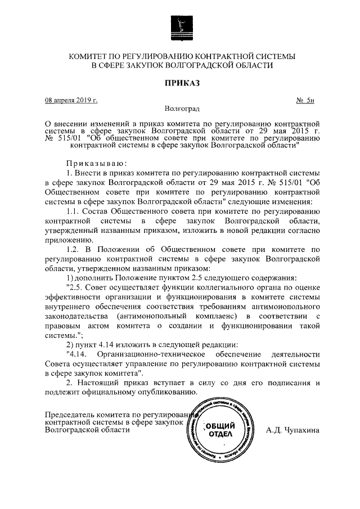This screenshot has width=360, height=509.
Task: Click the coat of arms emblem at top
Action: pyautogui.click(x=179, y=26)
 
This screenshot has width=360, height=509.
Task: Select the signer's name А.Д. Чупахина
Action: pyautogui.click(x=292, y=430)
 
